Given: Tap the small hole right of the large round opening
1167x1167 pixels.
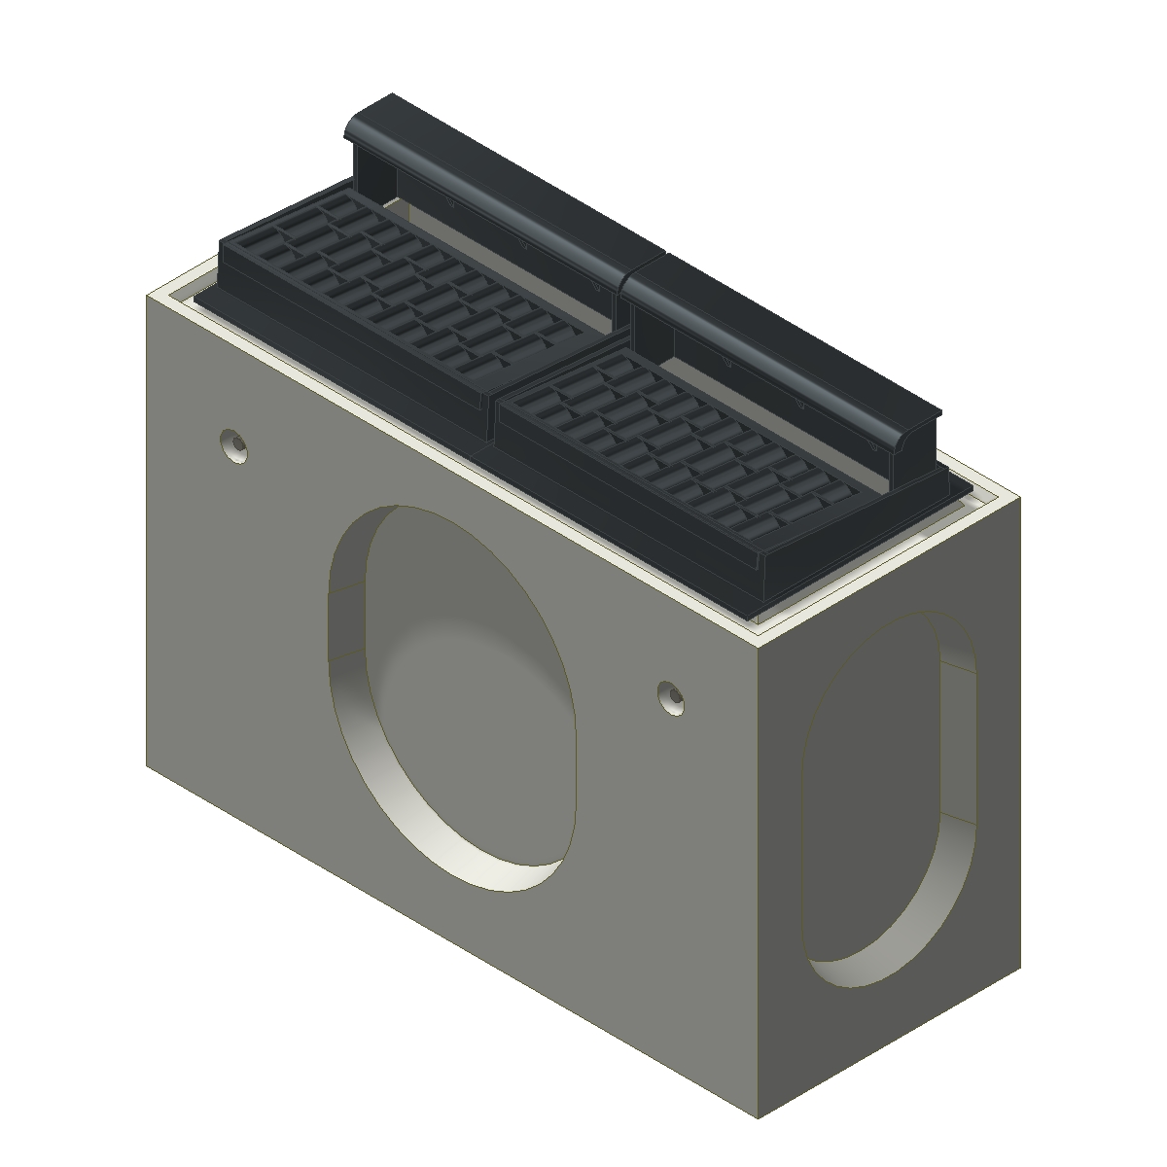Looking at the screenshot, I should (670, 696).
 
